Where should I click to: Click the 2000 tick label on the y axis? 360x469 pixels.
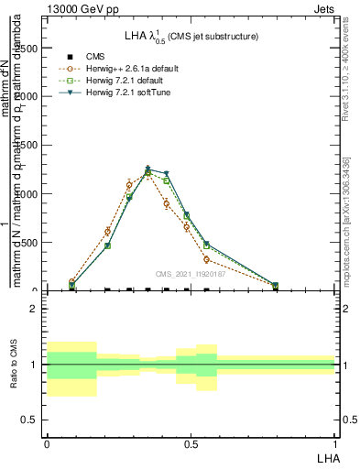click(28, 96)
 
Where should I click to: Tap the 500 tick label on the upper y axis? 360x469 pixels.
click(32, 243)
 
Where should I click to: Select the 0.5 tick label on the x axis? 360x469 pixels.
click(191, 442)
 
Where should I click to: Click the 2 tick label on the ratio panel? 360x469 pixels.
click(35, 309)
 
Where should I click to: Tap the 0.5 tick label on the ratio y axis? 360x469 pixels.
click(31, 420)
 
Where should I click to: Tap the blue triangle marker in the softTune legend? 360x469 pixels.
click(70, 93)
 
